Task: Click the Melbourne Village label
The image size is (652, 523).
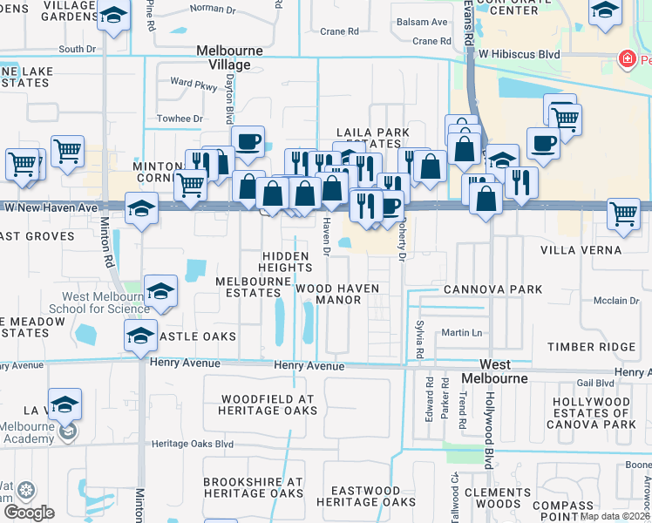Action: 230,58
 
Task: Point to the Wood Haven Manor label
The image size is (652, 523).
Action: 328,294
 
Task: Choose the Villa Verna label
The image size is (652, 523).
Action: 581,250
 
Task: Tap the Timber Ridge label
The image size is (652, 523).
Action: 592,347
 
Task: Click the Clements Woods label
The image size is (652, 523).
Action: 498,498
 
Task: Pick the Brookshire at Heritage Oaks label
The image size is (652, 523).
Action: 253,488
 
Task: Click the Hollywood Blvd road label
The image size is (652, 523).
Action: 490,432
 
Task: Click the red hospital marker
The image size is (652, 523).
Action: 625,60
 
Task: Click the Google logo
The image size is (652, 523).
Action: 29,512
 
